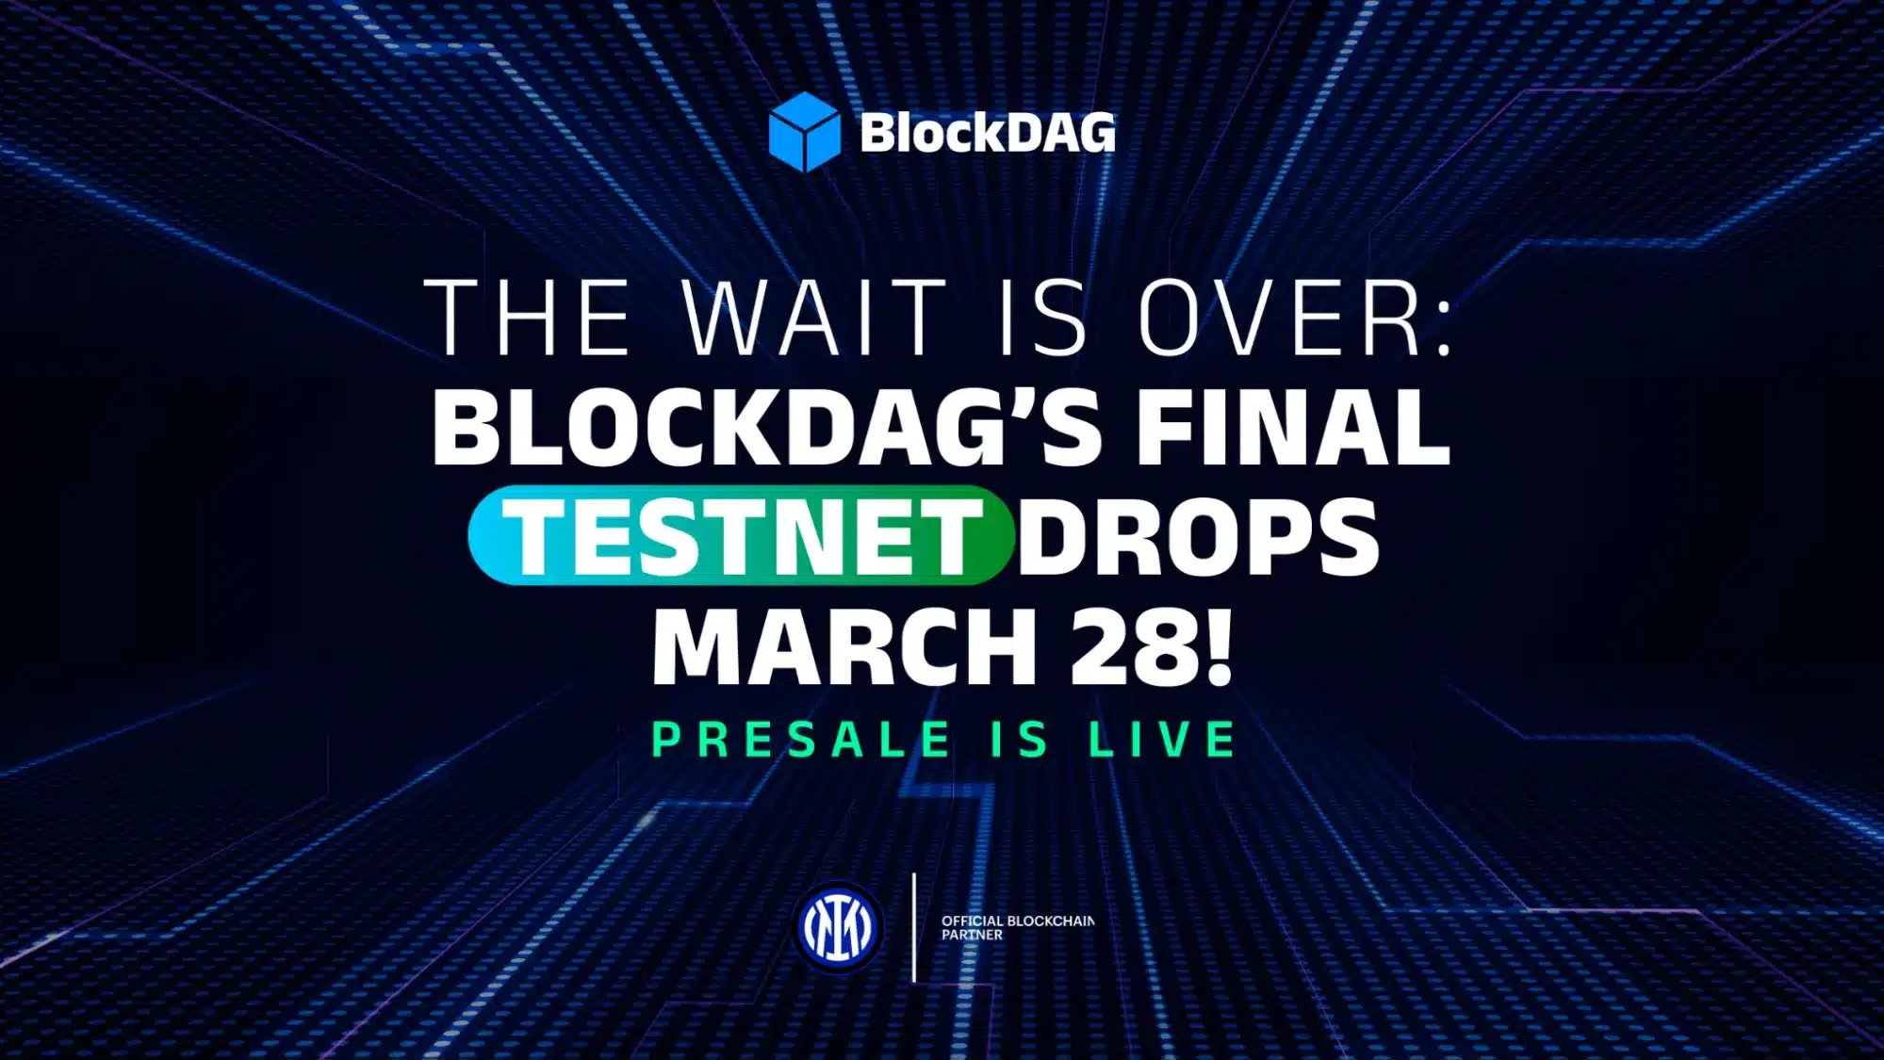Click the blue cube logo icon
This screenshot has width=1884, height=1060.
[x=804, y=132]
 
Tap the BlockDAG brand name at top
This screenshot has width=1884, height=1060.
[x=987, y=133]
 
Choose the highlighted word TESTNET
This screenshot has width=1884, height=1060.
[x=741, y=536]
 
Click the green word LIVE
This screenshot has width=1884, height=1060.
[x=1162, y=739]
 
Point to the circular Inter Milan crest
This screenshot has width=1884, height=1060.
[x=838, y=927]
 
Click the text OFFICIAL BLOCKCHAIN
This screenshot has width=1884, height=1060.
[x=1018, y=921]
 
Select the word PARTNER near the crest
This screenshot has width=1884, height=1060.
[x=972, y=935]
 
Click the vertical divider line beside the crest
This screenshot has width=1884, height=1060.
[x=914, y=927]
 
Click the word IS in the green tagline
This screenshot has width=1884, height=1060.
[x=1020, y=739]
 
